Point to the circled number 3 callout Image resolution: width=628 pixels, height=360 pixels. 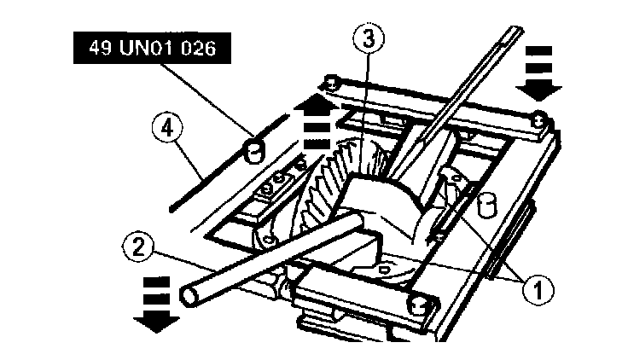pyautogui.click(x=368, y=38)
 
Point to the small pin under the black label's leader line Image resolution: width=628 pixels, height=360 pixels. pyautogui.click(x=250, y=151)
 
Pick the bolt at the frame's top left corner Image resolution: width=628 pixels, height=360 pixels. pyautogui.click(x=331, y=83)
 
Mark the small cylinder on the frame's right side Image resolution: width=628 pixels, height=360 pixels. pyautogui.click(x=488, y=206)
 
